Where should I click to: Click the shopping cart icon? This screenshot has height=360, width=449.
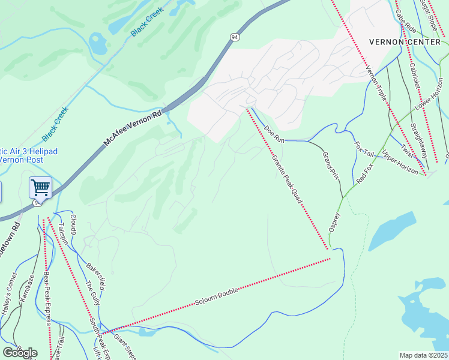[x=40, y=187]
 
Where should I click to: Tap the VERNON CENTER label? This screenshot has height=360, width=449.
[x=406, y=41]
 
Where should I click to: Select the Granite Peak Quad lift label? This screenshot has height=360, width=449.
[x=286, y=179]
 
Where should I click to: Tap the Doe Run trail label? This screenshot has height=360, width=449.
[x=274, y=134]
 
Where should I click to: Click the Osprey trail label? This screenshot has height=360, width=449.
[x=334, y=223]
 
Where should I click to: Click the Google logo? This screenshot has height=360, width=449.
[x=19, y=352]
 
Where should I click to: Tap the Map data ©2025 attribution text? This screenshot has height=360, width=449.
[x=424, y=355]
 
